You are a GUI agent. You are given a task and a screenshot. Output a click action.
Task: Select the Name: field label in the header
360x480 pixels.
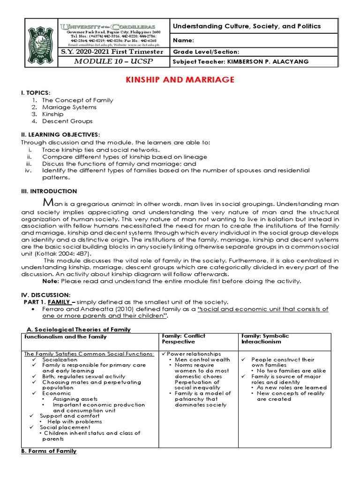tap(184, 41)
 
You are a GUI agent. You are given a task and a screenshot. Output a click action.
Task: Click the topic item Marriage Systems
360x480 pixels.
tap(69, 107)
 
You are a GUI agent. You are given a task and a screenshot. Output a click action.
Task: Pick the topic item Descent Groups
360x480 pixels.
tap(67, 121)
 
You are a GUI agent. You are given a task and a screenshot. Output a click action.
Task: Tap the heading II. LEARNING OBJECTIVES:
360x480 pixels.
tap(60, 135)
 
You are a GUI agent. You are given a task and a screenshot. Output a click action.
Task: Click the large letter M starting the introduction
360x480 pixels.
tap(47, 202)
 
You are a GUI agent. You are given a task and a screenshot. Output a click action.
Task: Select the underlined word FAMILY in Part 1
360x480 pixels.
tap(59, 301)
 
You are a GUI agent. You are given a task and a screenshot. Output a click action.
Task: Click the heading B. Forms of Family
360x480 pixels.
tap(49, 451)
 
